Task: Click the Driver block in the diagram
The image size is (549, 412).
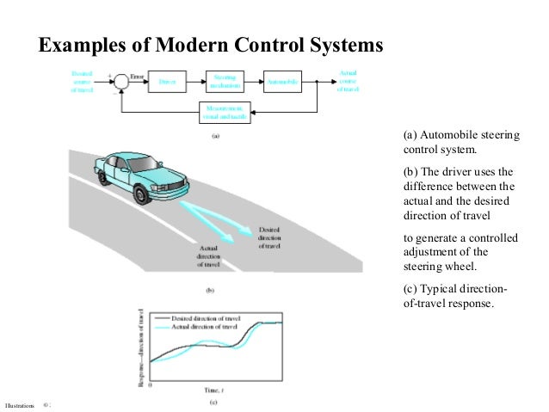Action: click(x=169, y=83)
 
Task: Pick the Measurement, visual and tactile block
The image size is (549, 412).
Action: click(x=225, y=113)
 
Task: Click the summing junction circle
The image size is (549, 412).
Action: click(x=122, y=82)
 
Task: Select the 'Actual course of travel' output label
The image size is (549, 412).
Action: click(x=349, y=82)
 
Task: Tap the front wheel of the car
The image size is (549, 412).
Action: click(x=138, y=196)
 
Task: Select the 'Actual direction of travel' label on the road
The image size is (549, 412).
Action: click(x=207, y=256)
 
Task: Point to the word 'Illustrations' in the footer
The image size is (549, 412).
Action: click(x=18, y=403)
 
